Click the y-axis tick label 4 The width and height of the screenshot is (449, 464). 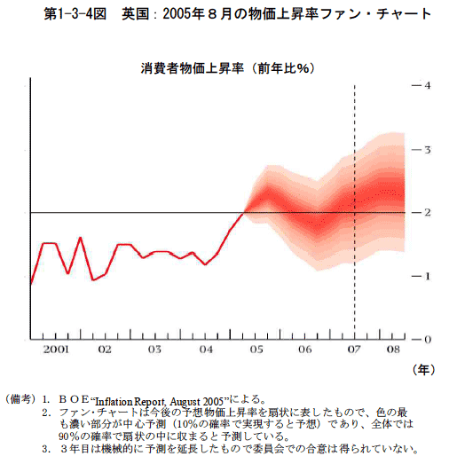pos(428,85)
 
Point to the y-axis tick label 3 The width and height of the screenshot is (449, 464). pos(428,150)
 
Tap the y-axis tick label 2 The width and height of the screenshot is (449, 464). pos(428,212)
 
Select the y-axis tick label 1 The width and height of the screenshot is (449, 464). pos(428,277)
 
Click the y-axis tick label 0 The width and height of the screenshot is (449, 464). pos(428,340)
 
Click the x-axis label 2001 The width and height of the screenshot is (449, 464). pos(56,350)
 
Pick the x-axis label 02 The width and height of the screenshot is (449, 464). pos(105,350)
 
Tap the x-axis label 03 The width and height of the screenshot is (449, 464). pos(154,350)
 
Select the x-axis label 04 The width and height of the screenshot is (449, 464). pos(206,350)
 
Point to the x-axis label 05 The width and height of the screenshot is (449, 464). pos(256,350)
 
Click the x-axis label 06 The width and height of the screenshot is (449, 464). pos(305,350)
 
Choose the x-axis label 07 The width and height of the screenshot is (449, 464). pos(354,350)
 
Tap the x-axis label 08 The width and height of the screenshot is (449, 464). pos(393,350)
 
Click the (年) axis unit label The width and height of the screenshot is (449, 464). pos(423,370)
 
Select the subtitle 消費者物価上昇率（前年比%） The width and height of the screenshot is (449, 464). pos(227,68)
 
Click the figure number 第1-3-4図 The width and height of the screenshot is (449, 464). pos(75,14)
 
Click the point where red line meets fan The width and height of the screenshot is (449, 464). pos(244,212)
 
